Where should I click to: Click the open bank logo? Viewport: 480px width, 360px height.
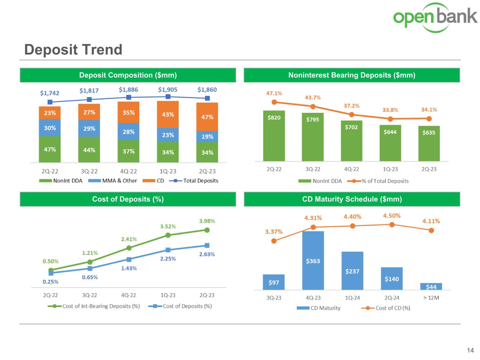coord(435,17)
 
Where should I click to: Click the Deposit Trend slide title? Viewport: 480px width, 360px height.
coord(73,50)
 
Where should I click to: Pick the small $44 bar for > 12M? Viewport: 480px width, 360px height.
coord(431,287)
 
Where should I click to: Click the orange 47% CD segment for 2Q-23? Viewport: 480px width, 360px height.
coord(207,117)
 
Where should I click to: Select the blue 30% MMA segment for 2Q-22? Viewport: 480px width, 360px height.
coord(50,128)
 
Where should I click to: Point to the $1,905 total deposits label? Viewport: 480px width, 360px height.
coord(168,90)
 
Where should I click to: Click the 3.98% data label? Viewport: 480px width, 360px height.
coord(207,221)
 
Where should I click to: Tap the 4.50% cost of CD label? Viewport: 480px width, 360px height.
coord(392,216)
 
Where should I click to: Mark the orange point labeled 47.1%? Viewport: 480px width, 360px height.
coord(274,102)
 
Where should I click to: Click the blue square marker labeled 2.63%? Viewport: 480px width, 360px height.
coord(207,245)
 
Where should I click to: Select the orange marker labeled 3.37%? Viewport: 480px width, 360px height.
coord(274,241)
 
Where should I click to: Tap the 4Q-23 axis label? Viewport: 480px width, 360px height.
coord(313,298)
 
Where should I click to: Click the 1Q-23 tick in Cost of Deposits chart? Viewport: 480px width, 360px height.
coord(168,295)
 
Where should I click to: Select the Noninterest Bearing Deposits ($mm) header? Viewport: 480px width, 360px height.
coord(352,75)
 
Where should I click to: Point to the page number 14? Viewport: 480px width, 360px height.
coord(470,351)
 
